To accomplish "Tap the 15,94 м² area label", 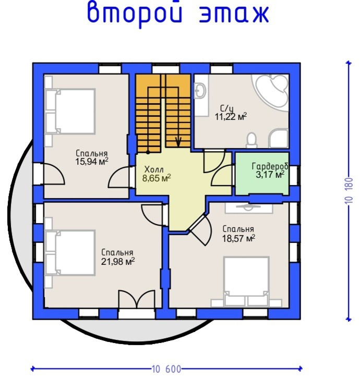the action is [x=92, y=162].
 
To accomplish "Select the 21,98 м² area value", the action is [x=118, y=262].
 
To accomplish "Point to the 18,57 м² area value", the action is [x=239, y=238].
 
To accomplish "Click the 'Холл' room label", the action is [x=154, y=169].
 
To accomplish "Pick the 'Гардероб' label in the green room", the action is [x=270, y=166].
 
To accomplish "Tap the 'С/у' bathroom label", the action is [x=227, y=108].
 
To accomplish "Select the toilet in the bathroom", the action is [x=251, y=140].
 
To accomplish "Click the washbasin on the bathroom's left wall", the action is [x=200, y=91].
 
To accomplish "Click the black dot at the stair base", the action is [x=148, y=152].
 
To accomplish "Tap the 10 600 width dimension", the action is [x=166, y=369].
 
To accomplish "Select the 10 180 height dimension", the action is [x=349, y=190].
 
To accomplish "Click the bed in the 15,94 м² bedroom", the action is [x=70, y=111].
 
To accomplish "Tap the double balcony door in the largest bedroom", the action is [x=137, y=300].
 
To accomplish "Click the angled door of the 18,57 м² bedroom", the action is [x=199, y=230].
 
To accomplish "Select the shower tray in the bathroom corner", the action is [x=279, y=138].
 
